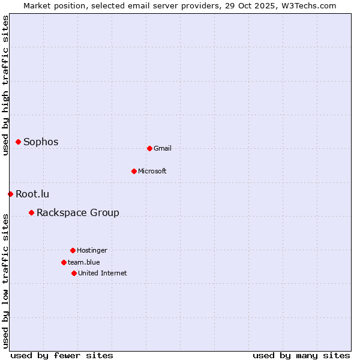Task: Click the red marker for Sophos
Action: click(18, 142)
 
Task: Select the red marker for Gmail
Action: click(149, 148)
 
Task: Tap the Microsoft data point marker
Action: click(134, 171)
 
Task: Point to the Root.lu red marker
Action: click(10, 194)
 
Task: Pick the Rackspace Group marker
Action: click(31, 212)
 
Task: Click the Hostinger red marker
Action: click(73, 250)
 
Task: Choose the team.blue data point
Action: click(64, 262)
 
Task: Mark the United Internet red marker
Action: click(74, 273)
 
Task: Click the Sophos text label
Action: click(41, 142)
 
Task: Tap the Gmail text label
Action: click(163, 149)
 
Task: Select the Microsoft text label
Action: click(152, 172)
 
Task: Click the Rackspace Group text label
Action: click(78, 213)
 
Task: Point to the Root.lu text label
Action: click(32, 194)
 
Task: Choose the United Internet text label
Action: click(103, 274)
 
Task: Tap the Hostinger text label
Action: click(92, 251)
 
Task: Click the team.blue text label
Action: click(84, 263)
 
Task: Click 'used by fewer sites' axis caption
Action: click(62, 355)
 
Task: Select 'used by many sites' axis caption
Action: click(301, 355)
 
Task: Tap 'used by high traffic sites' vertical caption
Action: click(6, 85)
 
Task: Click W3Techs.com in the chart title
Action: click(308, 5)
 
